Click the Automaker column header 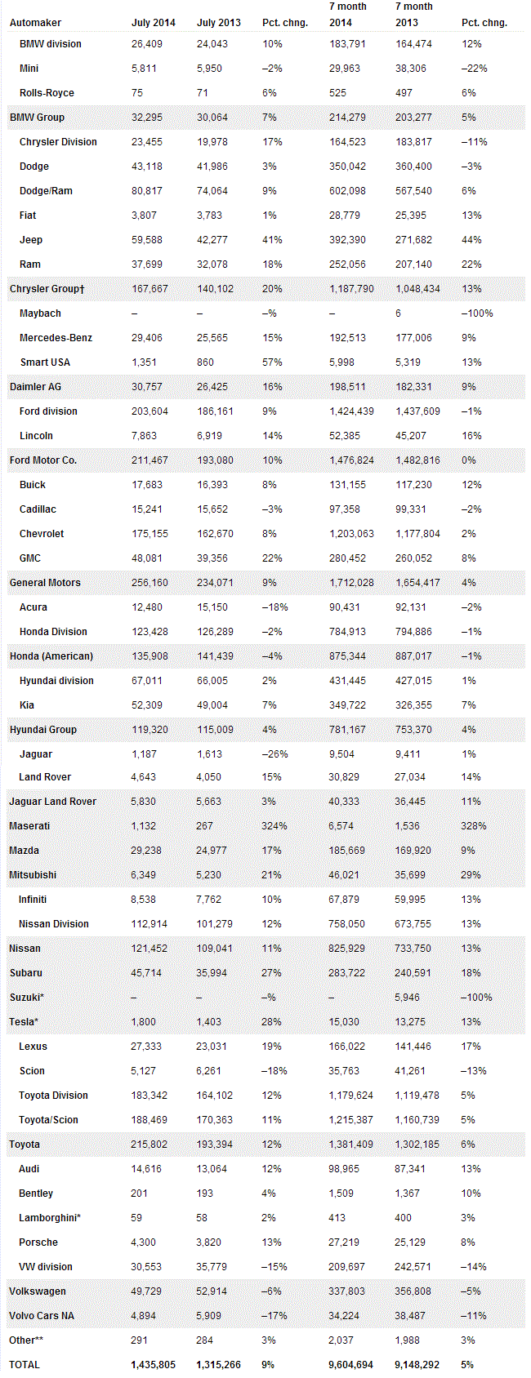click(35, 23)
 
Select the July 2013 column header click(218, 23)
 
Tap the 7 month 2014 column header click(347, 15)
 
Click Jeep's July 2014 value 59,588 click(147, 240)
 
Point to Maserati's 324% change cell click(274, 826)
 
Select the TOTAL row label click(25, 1365)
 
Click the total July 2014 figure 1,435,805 click(154, 1365)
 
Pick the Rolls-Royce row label click(47, 93)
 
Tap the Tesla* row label click(24, 1022)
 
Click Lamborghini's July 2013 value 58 click(203, 1218)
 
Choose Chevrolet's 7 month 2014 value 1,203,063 click(351, 534)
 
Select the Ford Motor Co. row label click(43, 460)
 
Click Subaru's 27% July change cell click(271, 973)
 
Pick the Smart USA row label click(45, 362)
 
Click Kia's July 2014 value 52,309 click(147, 705)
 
